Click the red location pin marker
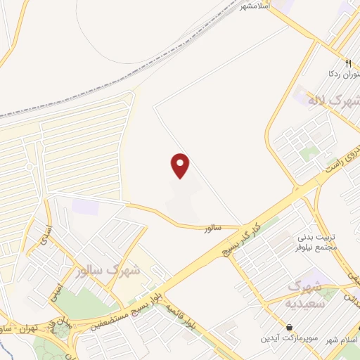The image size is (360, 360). tap(181, 165)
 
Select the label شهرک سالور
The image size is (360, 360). tap(110, 269)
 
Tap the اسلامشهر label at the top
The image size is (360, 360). tap(255, 6)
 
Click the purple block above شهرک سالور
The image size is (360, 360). tap(86, 207)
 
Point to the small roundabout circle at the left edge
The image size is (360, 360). tap(29, 167)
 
